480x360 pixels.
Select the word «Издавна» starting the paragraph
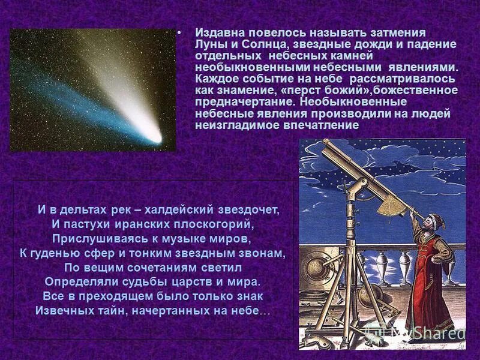[219, 32]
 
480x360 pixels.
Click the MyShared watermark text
[426, 331]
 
